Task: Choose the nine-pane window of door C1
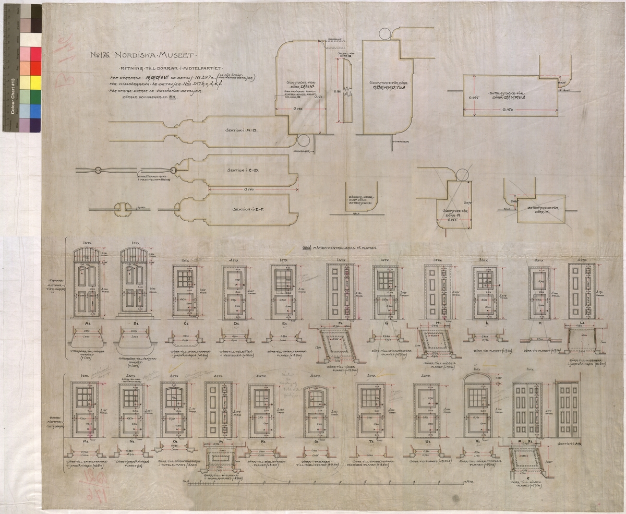click(185, 278)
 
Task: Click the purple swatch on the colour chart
click(23, 125)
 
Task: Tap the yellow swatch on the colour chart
click(35, 82)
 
